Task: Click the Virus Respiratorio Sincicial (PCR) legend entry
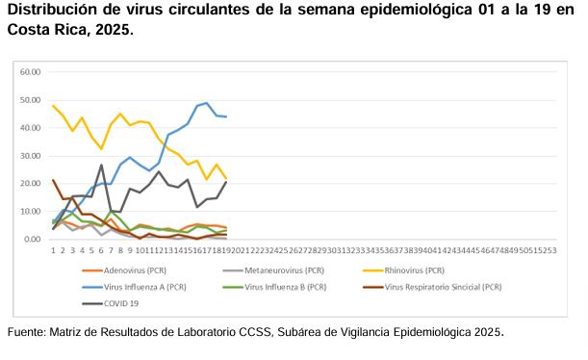442,287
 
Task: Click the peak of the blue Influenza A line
207,103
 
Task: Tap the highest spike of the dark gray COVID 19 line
101,165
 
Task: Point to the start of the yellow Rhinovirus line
53,106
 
